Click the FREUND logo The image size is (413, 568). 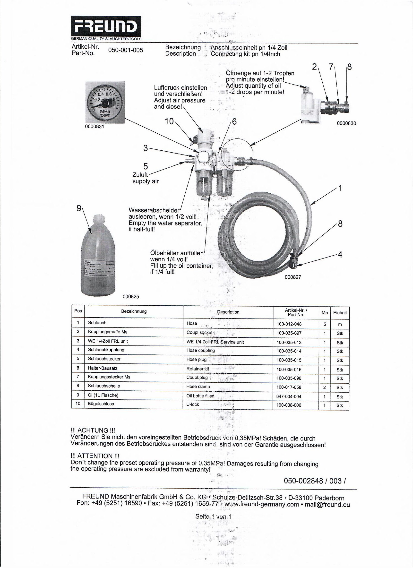point(106,26)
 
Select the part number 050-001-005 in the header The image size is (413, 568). point(125,50)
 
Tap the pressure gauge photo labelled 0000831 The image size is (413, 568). point(105,102)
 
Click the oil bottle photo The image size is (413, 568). point(98,255)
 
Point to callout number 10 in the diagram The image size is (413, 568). point(169,121)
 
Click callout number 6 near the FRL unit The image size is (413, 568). point(234,122)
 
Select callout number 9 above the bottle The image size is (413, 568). point(79,208)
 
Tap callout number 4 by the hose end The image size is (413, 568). point(340,255)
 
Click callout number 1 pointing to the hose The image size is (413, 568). point(340,188)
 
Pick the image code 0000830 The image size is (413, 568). point(346,123)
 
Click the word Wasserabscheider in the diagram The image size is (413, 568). point(154,210)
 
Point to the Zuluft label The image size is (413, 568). point(140,175)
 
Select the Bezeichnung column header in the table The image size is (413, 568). point(134,311)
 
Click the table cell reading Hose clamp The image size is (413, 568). point(198,387)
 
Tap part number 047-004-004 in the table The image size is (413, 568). point(289,396)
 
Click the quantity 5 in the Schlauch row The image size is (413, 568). point(325,324)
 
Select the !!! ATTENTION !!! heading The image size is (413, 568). point(95,456)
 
